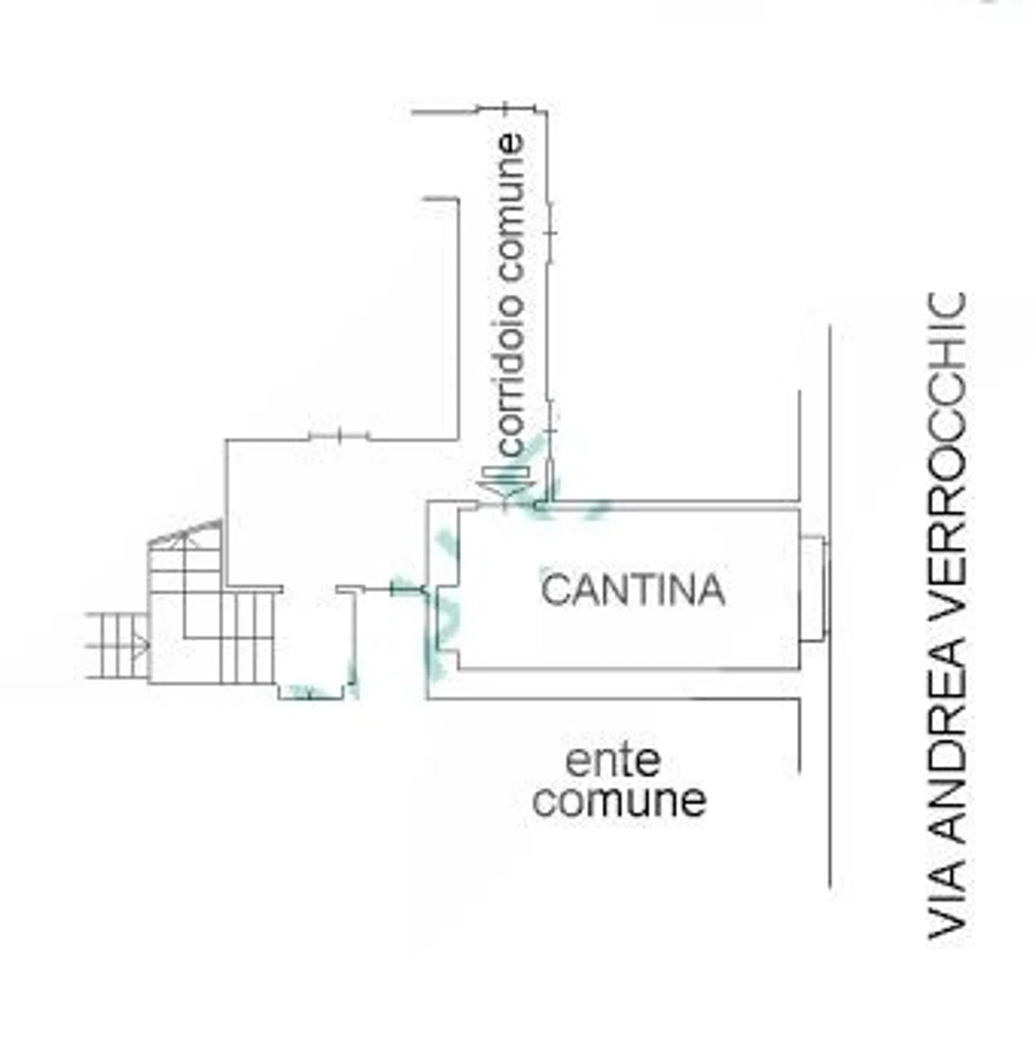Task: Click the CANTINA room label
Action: (633, 590)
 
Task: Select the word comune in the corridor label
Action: (511, 208)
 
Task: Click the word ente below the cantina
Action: (613, 761)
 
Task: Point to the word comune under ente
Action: (619, 799)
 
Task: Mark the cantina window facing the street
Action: (814, 589)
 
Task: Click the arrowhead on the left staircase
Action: (142, 646)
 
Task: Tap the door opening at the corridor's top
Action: (506, 108)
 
